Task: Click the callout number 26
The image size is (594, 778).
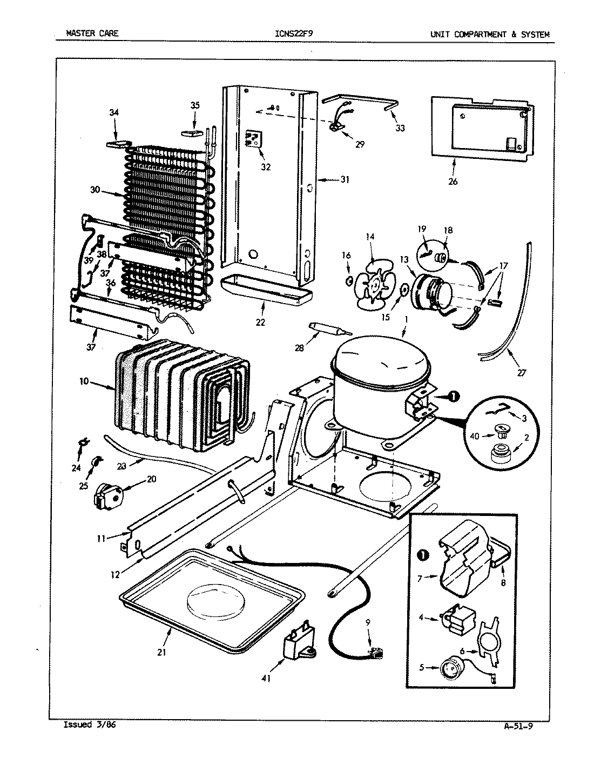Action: [x=453, y=182]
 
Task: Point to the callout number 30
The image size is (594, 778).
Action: [x=96, y=190]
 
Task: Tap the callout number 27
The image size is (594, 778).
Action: [x=521, y=372]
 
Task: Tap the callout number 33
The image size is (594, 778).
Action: [x=400, y=128]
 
